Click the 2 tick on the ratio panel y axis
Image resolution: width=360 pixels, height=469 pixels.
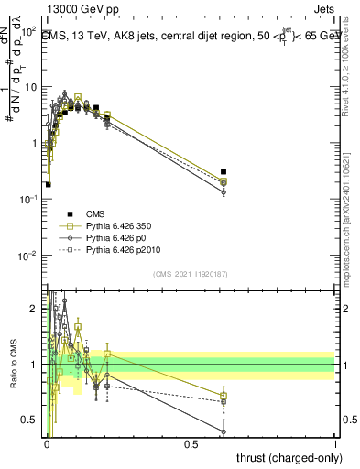[x=35, y=307]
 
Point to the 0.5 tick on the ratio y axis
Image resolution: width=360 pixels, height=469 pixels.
[x=32, y=421]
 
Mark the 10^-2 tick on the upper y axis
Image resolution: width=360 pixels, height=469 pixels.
[x=28, y=256]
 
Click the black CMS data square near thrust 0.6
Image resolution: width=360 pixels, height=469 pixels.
[x=224, y=171]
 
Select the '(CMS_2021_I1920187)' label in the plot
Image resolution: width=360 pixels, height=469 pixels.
[x=190, y=273]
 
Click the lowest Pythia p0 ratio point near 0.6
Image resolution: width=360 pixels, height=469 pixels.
[x=224, y=431]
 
